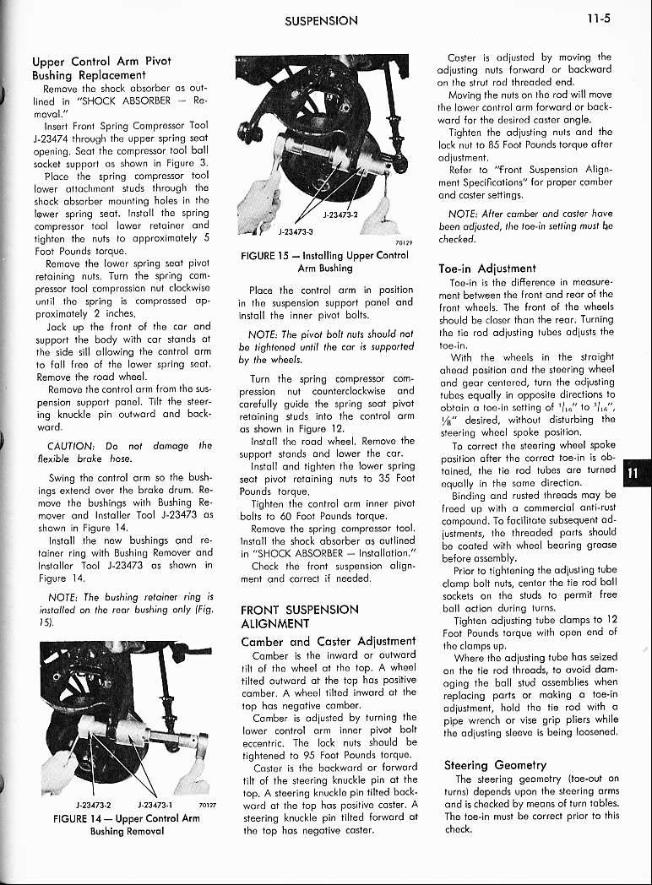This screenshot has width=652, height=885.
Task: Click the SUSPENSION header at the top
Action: click(321, 20)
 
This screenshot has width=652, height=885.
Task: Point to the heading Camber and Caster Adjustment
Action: click(317, 641)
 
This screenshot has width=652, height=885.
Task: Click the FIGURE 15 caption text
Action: click(323, 261)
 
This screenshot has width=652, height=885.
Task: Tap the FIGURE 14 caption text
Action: click(126, 823)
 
